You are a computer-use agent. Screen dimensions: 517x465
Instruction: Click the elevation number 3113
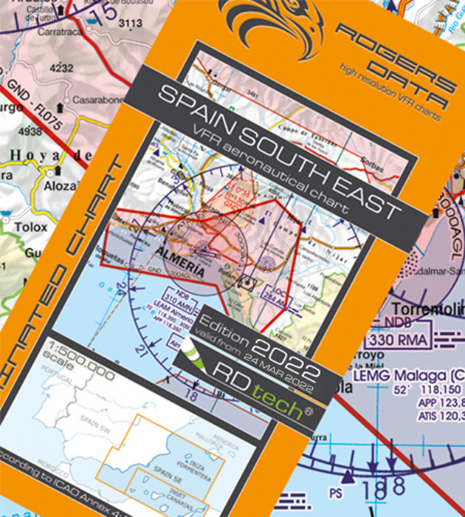130,23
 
